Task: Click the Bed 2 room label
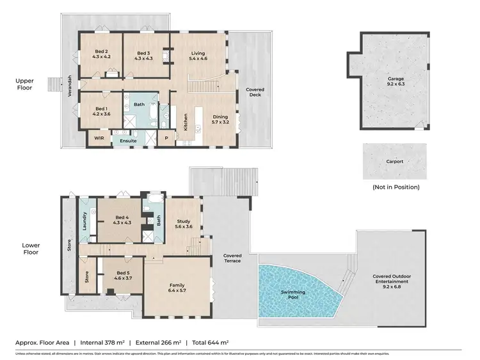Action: coord(102,55)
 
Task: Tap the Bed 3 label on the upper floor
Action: coord(143,55)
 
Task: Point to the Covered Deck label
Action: coord(255,92)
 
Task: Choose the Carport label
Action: coord(395,162)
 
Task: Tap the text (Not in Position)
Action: coord(396,187)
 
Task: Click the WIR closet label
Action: coord(99,137)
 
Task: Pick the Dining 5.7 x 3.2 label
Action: coord(221,119)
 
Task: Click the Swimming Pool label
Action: coord(294,295)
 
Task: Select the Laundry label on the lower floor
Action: coord(83,220)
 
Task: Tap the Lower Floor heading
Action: coord(30,249)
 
